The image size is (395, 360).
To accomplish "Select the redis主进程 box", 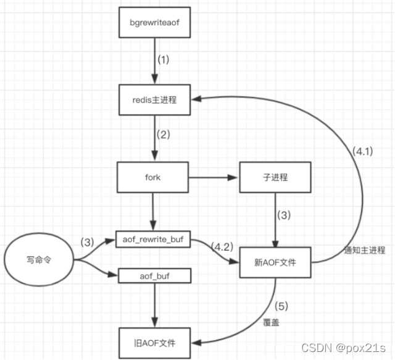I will (154, 99).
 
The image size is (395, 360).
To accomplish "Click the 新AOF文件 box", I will (275, 262).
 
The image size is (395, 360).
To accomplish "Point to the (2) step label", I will (163, 135).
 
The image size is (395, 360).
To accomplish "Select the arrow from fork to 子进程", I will (214, 178).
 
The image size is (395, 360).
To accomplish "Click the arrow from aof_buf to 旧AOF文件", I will (154, 306).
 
